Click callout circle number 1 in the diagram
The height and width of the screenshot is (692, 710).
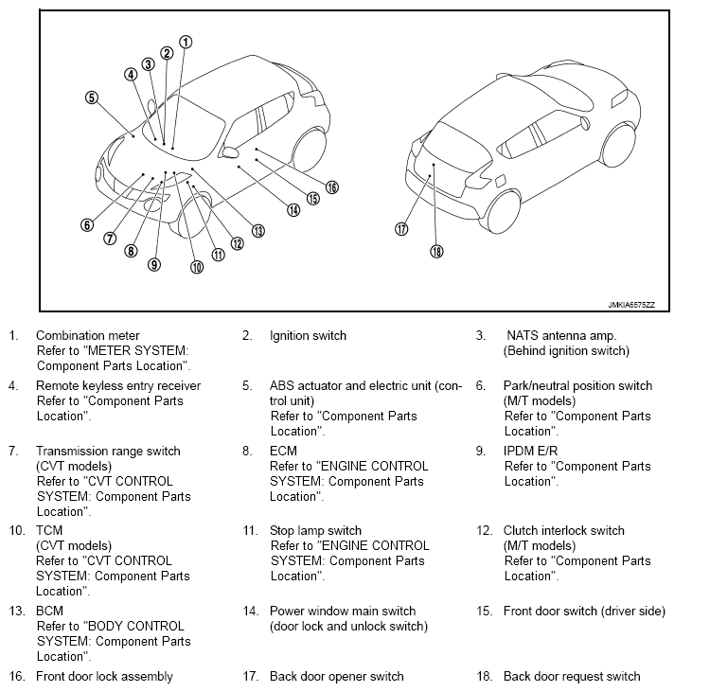(186, 42)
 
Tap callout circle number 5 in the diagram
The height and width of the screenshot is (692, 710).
(91, 97)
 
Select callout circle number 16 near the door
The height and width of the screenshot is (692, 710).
(331, 187)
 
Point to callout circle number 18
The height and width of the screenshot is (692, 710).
(436, 251)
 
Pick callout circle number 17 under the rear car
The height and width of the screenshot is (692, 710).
(401, 229)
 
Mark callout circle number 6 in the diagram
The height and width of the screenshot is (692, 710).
(87, 225)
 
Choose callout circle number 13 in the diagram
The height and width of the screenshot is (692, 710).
(257, 230)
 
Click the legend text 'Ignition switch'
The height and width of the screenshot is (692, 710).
(308, 335)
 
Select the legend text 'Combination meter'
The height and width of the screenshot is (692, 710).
(87, 335)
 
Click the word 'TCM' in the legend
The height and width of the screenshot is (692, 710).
(49, 531)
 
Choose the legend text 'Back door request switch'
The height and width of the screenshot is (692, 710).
(572, 676)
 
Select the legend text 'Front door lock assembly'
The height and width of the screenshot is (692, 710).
(104, 676)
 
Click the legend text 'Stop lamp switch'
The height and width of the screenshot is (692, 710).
(316, 531)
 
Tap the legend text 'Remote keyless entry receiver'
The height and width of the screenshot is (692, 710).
(118, 385)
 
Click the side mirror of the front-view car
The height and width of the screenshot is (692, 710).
(229, 151)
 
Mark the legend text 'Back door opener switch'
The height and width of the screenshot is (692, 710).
(337, 676)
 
